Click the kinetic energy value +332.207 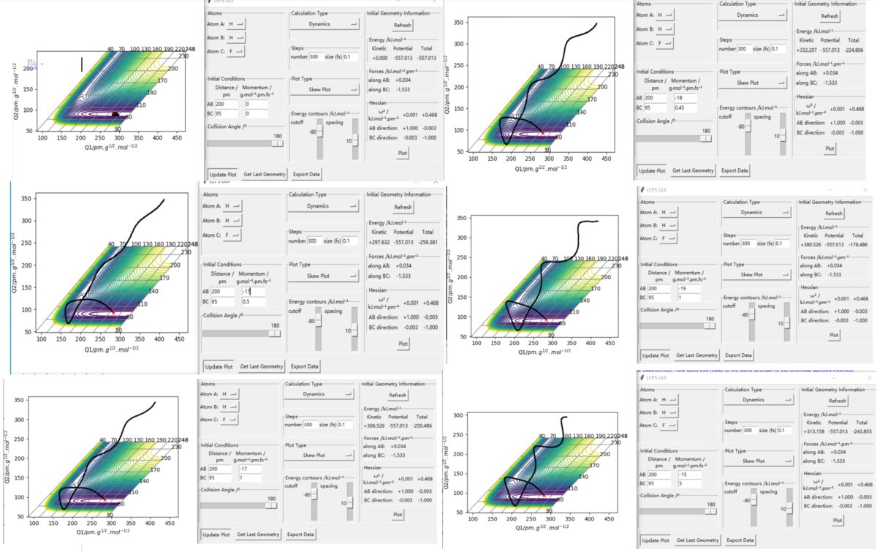click(x=805, y=50)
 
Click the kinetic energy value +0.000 click(x=380, y=56)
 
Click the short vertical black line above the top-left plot click(x=82, y=64)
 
